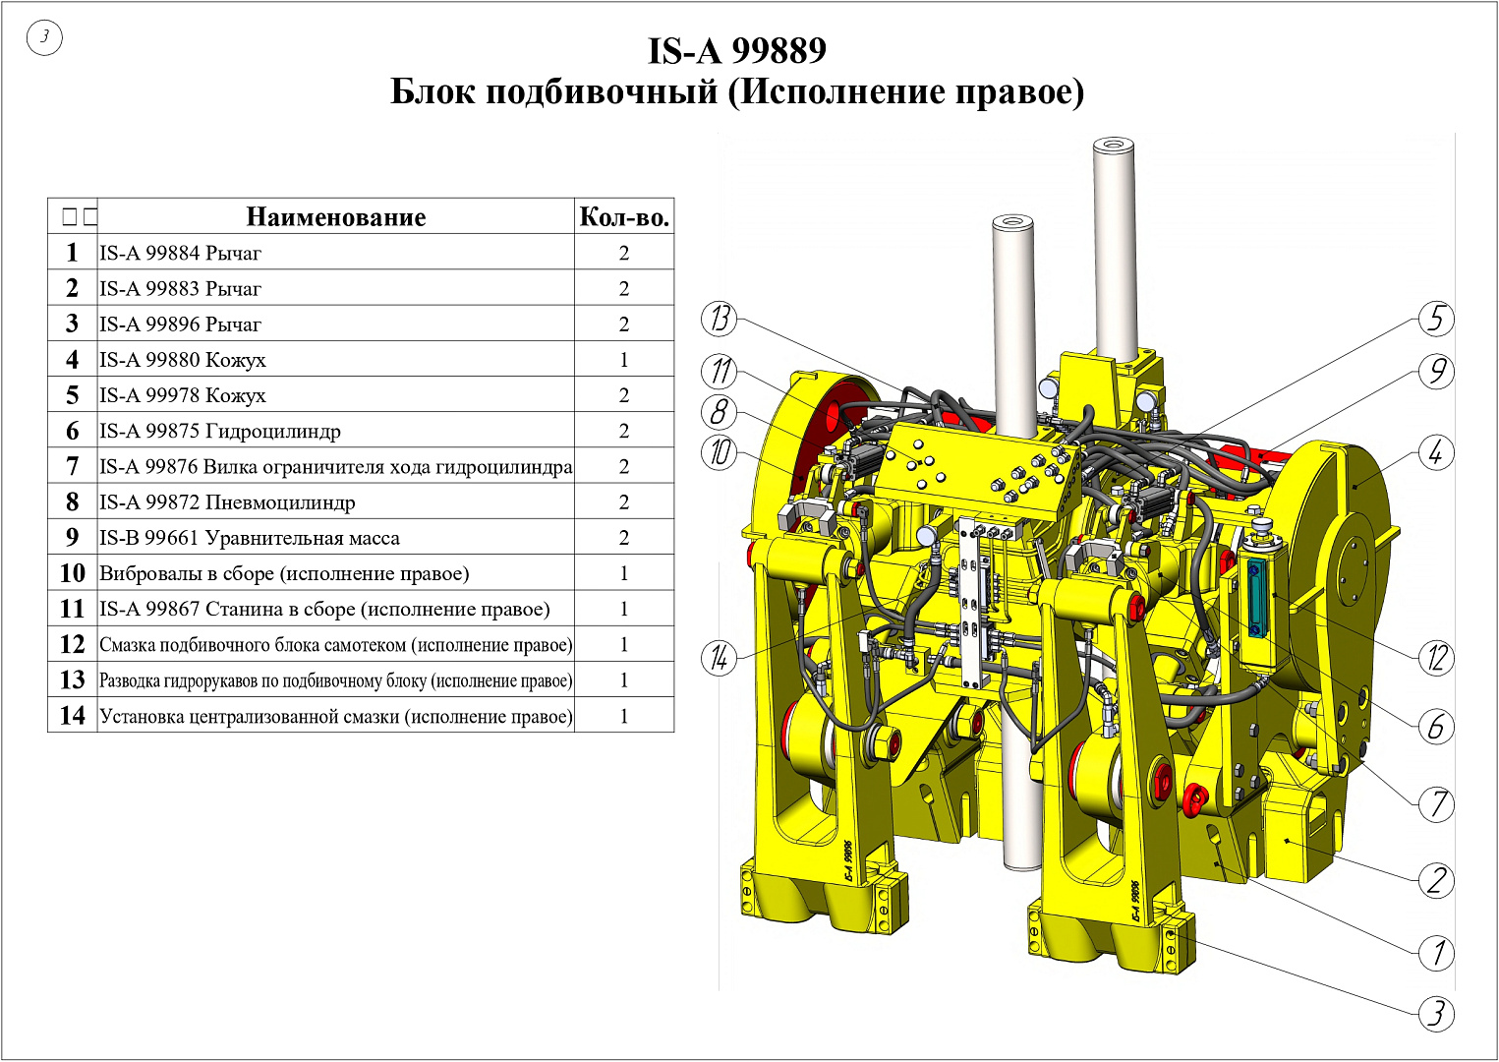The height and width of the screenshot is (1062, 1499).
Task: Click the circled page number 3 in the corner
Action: pos(44,37)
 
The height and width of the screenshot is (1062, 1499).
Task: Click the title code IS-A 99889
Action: pos(737,51)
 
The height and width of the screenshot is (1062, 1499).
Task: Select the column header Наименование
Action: pos(336,217)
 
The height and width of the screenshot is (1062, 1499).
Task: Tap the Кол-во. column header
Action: pos(624,217)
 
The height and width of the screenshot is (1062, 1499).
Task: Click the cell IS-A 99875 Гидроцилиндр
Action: pos(220,431)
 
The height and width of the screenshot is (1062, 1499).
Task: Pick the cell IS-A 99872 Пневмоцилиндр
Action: pos(227,502)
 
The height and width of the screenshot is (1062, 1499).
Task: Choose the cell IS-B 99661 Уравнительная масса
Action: pos(250,538)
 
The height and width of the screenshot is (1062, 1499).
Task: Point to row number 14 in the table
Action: pos(73,716)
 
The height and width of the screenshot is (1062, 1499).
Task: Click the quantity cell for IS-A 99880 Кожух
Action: pos(624,360)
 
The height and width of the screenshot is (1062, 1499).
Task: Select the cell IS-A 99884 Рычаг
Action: pos(180,253)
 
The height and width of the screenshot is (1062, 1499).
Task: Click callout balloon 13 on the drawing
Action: pos(719,319)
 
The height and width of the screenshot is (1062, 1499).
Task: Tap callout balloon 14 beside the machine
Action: pos(719,658)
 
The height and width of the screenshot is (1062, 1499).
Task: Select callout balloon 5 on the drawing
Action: pos(1436,319)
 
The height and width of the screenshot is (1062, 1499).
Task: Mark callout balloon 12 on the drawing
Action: pos(1436,658)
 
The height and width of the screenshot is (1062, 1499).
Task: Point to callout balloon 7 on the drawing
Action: pos(1436,804)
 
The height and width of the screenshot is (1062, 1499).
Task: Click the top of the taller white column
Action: pos(1116,144)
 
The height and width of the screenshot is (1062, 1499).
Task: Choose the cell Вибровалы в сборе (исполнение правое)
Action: pos(284,574)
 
